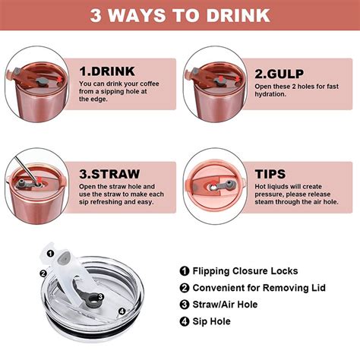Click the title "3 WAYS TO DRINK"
180,15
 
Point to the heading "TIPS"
270,174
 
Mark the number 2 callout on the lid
43,273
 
